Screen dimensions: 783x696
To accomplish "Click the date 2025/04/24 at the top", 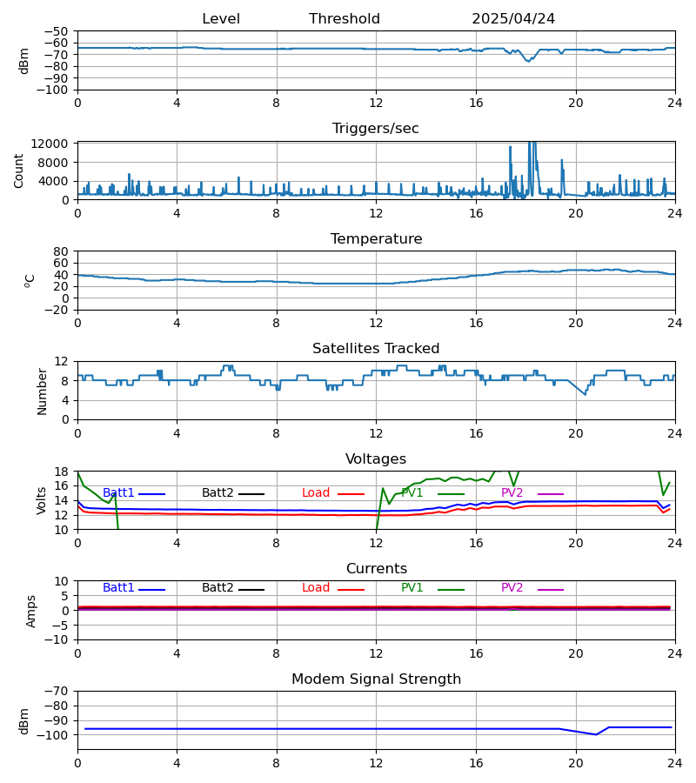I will pos(513,19).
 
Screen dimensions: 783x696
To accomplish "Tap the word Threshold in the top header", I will pos(345,19).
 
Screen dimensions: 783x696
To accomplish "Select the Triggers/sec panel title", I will pos(376,129).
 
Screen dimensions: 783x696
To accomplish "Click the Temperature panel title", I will pos(376,239).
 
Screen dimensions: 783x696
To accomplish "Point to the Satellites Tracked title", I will pos(376,349).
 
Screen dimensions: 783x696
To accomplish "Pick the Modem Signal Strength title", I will pos(376,679).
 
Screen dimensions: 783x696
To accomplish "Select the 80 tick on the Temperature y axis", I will pos(62,251).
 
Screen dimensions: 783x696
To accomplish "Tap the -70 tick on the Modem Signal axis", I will pos(58,691).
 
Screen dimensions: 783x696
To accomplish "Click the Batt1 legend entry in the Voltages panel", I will pos(118,493).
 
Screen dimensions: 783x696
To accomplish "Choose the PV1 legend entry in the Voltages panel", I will pos(412,493).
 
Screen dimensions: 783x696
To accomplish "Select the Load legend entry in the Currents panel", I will pos(316,588).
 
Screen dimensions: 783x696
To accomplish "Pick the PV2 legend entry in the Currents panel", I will pos(512,588).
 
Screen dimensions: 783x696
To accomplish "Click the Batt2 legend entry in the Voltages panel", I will pos(217,493).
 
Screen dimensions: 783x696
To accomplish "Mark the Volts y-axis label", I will pos(42,500).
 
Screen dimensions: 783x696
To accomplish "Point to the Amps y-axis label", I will pos(32,611).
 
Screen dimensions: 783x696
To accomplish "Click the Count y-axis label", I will pos(19,171).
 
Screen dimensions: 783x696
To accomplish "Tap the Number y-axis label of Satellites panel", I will pos(42,391).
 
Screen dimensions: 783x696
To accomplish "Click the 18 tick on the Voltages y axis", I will pos(62,472).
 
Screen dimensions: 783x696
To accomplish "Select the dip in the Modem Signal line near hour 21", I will pos(596,734).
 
